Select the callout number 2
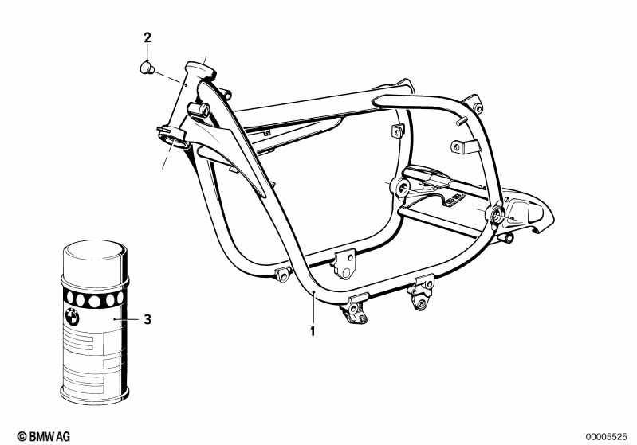coord(147,37)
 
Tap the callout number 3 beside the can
coord(147,319)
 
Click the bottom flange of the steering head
coord(171,142)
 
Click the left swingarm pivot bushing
coord(400,188)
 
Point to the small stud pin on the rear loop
coord(462,122)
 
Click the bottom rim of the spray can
coord(94,393)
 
